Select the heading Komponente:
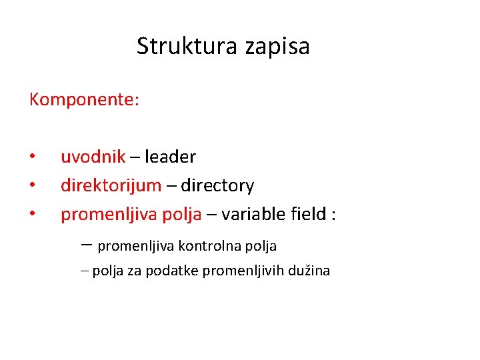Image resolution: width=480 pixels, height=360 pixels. (84, 100)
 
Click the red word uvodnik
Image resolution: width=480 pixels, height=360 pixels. (93, 157)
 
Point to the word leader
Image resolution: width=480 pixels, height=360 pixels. (170, 157)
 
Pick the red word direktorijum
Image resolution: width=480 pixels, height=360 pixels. (111, 185)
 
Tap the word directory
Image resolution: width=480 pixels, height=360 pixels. (217, 185)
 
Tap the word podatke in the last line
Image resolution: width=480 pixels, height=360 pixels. (176, 271)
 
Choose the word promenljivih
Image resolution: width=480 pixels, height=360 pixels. (244, 271)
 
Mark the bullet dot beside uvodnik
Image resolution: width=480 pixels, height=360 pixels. (32, 157)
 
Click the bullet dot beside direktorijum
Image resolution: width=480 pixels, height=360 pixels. (32, 186)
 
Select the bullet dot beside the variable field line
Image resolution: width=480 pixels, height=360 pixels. (32, 215)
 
